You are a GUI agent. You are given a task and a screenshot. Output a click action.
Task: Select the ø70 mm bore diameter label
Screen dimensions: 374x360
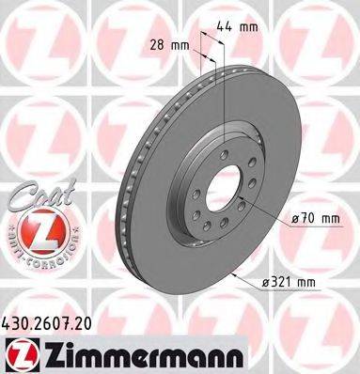coord(313,220)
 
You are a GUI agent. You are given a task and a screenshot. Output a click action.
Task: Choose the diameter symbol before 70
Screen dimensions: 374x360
coord(295,220)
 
